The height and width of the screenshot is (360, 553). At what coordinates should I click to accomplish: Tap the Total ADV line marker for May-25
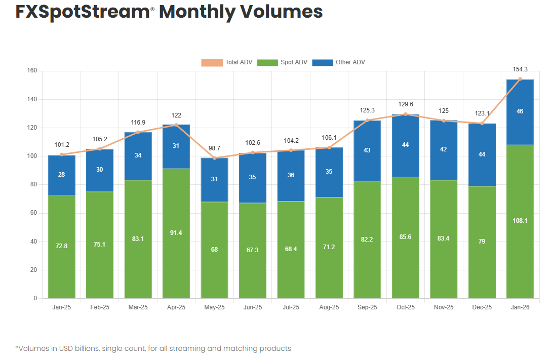coord(214,158)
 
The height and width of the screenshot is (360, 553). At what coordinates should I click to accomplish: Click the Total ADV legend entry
coord(226,62)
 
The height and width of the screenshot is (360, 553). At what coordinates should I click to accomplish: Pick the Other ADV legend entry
coord(339,62)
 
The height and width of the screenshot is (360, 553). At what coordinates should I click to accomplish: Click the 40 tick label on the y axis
coord(33,242)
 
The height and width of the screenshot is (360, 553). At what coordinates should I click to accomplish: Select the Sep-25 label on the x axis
coord(367,307)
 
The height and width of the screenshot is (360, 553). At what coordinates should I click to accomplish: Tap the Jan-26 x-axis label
coord(520,307)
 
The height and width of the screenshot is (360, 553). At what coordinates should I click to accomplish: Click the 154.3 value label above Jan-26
coord(520,69)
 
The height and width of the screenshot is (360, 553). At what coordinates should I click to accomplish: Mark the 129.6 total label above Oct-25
coord(406,104)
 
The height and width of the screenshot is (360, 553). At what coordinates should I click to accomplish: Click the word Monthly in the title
coord(197,12)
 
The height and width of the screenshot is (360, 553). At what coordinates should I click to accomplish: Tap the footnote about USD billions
coord(153,348)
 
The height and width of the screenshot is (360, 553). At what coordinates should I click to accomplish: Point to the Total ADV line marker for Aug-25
coord(329,147)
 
